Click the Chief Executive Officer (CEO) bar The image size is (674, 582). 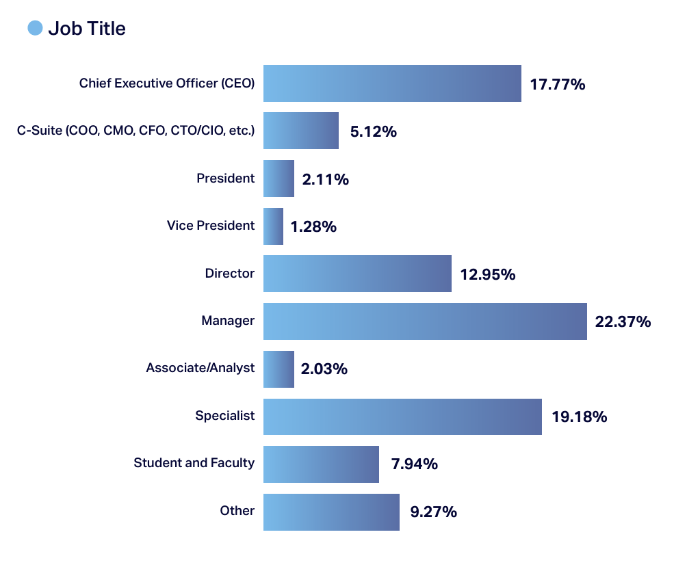click(x=392, y=83)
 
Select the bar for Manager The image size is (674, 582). click(x=425, y=321)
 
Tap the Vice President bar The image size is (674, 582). click(x=273, y=226)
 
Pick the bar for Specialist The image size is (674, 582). click(x=402, y=416)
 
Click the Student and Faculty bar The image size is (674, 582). click(x=321, y=464)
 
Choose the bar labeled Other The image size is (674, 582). click(x=331, y=512)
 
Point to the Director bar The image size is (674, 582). click(x=357, y=274)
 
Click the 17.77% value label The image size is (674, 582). click(x=558, y=85)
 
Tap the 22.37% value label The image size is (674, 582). click(x=623, y=321)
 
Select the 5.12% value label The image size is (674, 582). click(x=373, y=132)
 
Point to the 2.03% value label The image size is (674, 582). click(x=324, y=369)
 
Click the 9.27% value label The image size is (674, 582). click(x=433, y=512)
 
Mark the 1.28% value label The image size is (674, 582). click(x=313, y=227)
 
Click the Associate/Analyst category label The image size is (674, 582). click(x=200, y=368)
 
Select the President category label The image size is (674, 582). click(x=225, y=178)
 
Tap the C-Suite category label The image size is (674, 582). click(x=135, y=131)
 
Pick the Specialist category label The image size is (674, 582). click(x=224, y=415)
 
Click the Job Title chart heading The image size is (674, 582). click(x=87, y=29)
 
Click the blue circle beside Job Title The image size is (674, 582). click(x=35, y=28)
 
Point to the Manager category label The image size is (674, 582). click(x=228, y=320)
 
